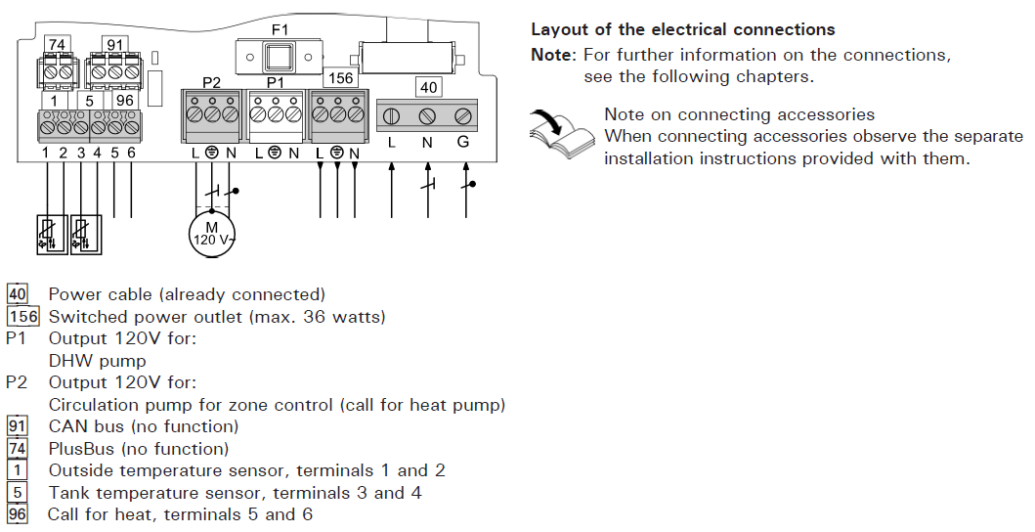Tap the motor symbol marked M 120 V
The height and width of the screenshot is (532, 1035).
212,234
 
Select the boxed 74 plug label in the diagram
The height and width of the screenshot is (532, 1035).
57,45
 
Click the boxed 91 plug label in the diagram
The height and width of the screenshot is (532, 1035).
115,45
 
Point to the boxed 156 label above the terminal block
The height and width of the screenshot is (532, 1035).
340,77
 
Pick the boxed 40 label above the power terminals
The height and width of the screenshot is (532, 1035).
428,87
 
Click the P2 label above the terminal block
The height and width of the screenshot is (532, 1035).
212,81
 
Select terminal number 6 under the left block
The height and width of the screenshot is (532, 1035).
131,153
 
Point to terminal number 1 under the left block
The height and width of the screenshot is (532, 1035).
46,153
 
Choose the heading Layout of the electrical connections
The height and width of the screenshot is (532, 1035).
682,30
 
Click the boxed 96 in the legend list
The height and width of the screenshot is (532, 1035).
17,514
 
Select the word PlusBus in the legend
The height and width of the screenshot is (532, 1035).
84,449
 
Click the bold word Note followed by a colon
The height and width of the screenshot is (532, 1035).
552,55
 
